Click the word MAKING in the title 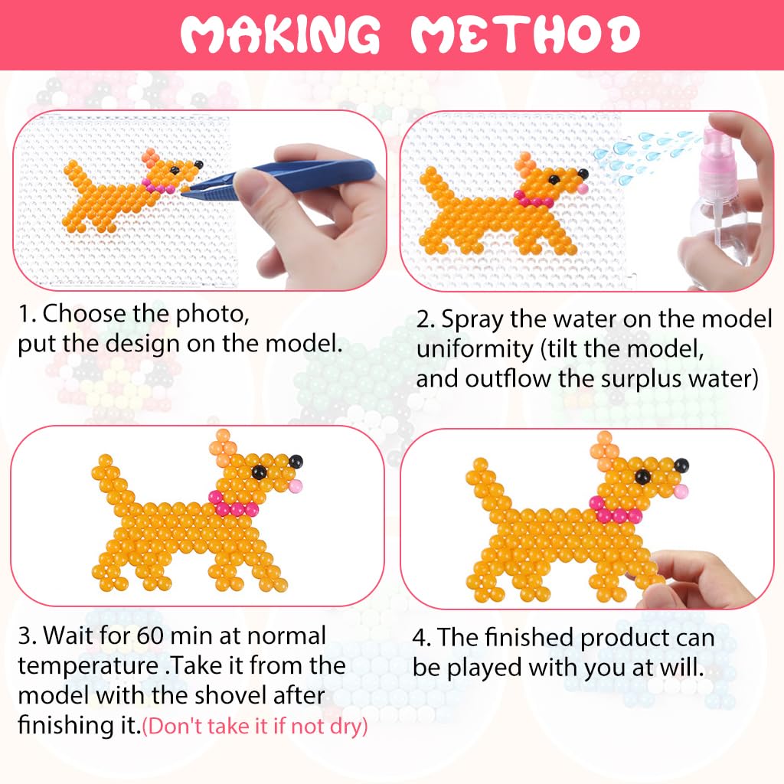280,34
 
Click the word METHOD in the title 525,34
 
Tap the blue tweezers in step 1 280,178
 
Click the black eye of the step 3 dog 259,472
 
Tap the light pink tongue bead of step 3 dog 296,485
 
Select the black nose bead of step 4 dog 681,466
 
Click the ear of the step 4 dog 605,449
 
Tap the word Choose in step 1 84,314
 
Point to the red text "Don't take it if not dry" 255,726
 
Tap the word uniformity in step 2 475,350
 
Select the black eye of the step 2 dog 554,179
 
